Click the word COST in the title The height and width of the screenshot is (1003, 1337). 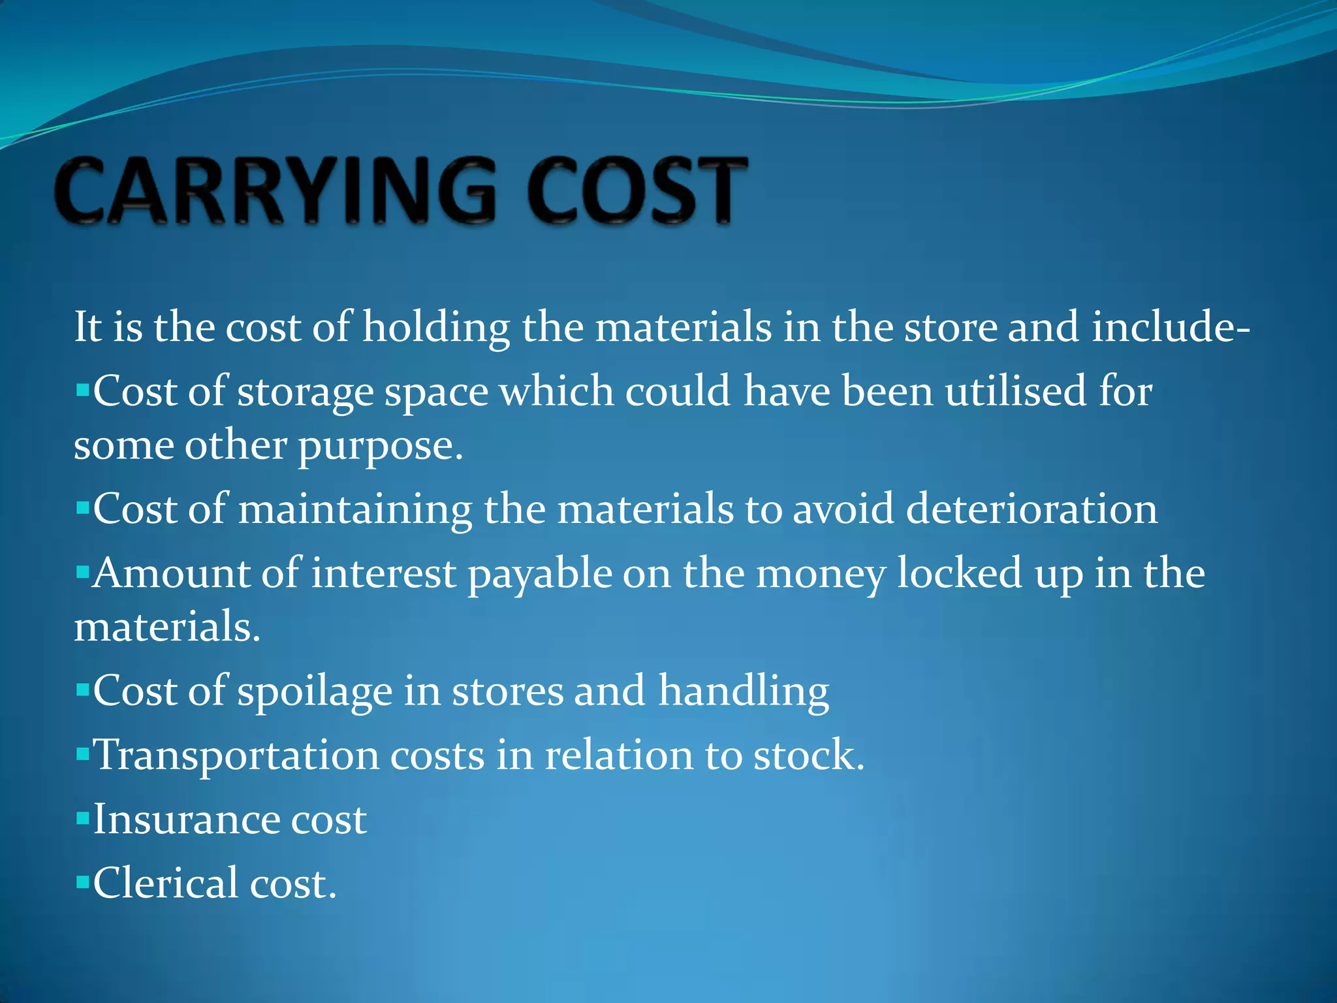[637, 191]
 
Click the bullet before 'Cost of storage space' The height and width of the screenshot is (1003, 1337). [82, 392]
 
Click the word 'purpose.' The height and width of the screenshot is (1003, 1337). [381, 447]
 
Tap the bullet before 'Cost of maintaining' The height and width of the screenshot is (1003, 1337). [82, 507]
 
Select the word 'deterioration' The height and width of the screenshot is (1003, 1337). [1031, 509]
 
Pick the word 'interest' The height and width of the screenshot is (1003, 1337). [383, 573]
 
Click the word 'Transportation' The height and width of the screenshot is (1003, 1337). [236, 756]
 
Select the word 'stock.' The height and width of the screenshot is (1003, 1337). [809, 756]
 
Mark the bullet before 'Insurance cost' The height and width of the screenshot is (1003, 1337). [82, 818]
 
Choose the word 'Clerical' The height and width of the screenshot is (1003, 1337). [166, 884]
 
